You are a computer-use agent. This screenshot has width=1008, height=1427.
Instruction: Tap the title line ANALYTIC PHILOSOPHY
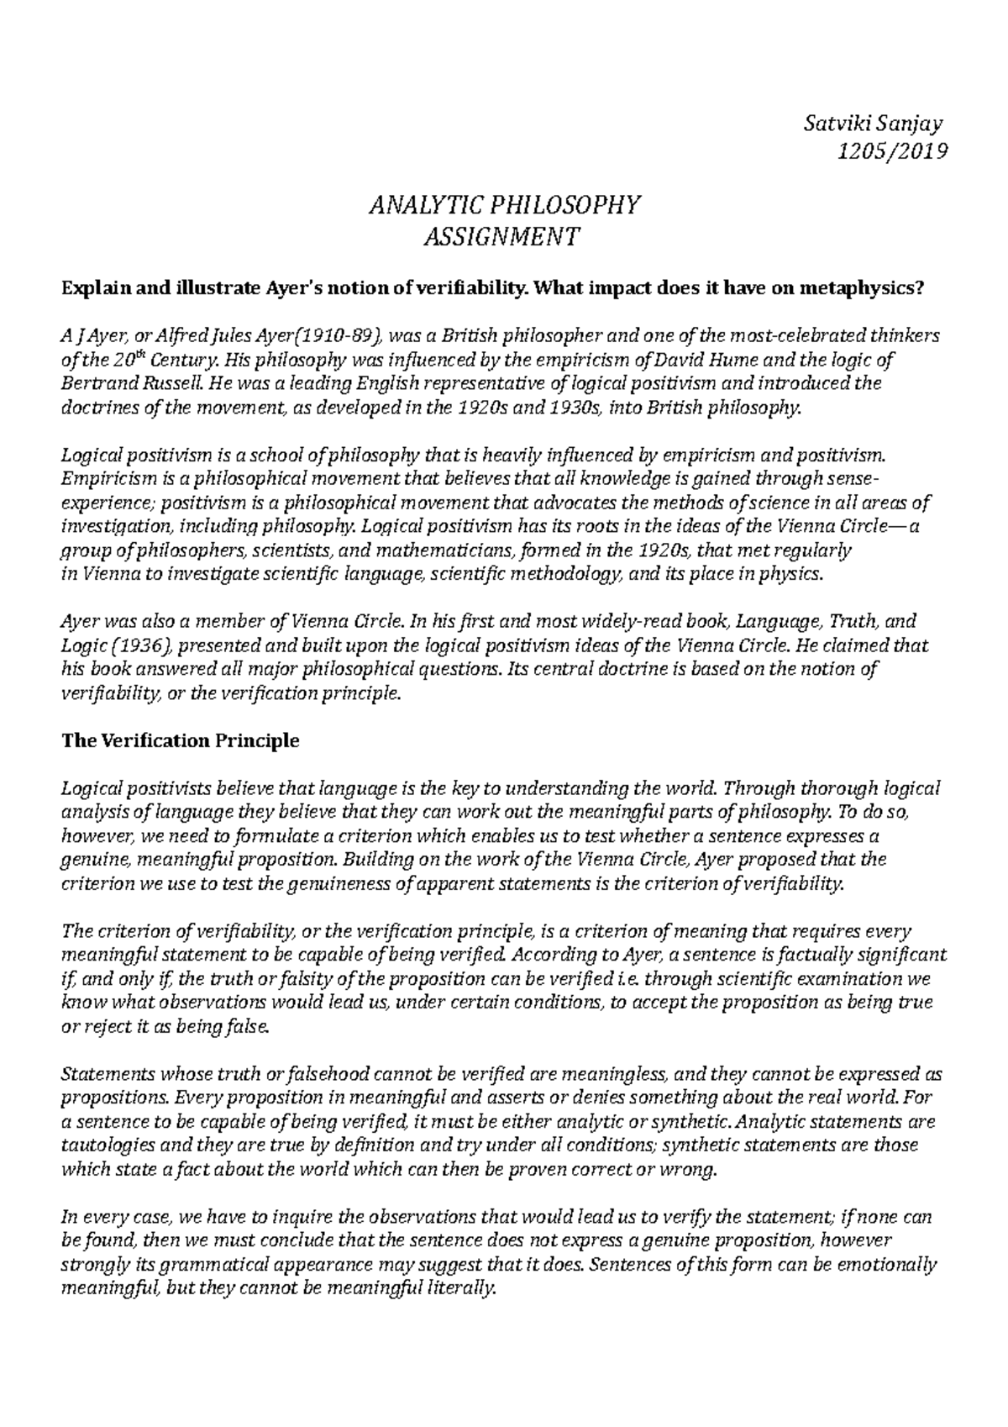point(504,205)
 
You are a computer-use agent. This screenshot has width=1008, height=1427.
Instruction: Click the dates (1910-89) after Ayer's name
point(336,337)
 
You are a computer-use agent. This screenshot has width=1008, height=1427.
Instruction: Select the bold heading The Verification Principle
point(181,741)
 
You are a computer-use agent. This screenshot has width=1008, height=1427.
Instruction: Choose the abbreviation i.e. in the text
point(627,979)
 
